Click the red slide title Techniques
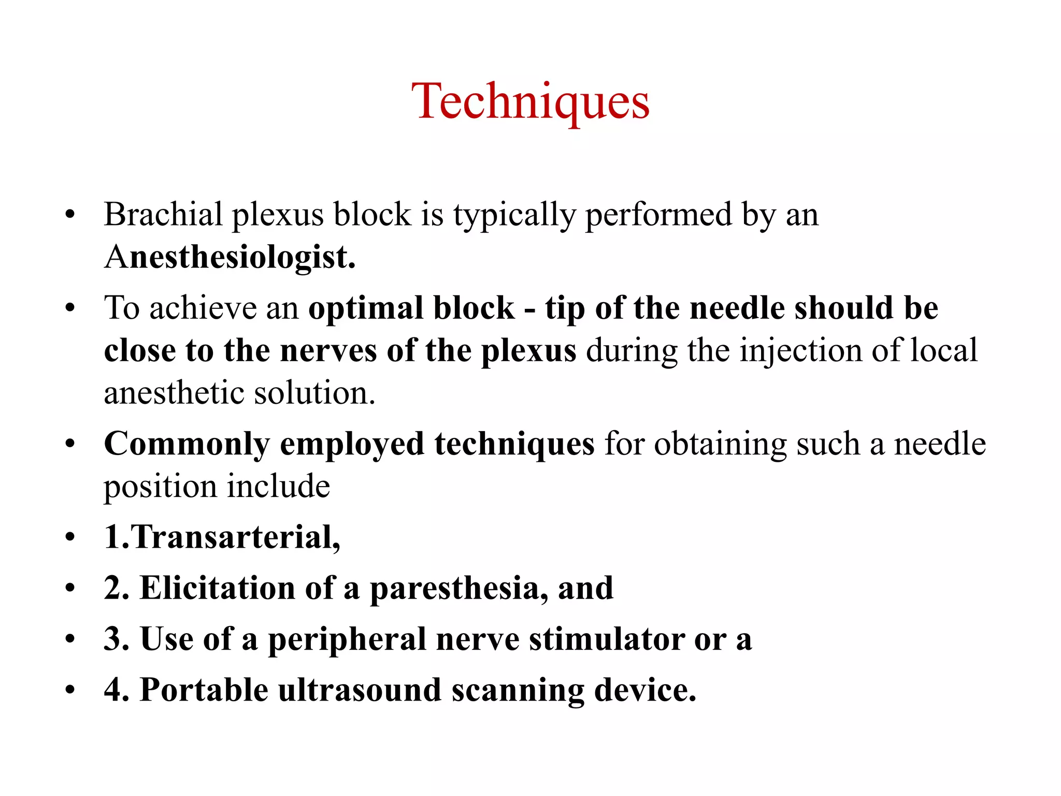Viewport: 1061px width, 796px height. (x=530, y=101)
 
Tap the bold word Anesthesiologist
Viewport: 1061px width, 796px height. (x=230, y=257)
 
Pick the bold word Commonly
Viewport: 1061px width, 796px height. (x=187, y=444)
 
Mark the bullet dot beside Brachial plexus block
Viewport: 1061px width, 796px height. (x=70, y=215)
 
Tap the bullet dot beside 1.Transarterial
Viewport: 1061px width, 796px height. (x=70, y=537)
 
